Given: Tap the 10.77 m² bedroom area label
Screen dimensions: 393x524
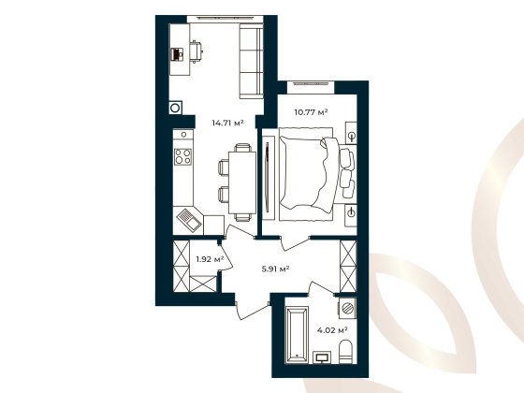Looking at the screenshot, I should point(311,113).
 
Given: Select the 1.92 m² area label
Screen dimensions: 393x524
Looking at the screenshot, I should point(209,259).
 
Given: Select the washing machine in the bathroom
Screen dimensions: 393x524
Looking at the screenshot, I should point(346,308).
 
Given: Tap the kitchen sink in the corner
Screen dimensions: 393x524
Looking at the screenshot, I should point(188,220).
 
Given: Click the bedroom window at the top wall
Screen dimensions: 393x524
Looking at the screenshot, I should point(311,85).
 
